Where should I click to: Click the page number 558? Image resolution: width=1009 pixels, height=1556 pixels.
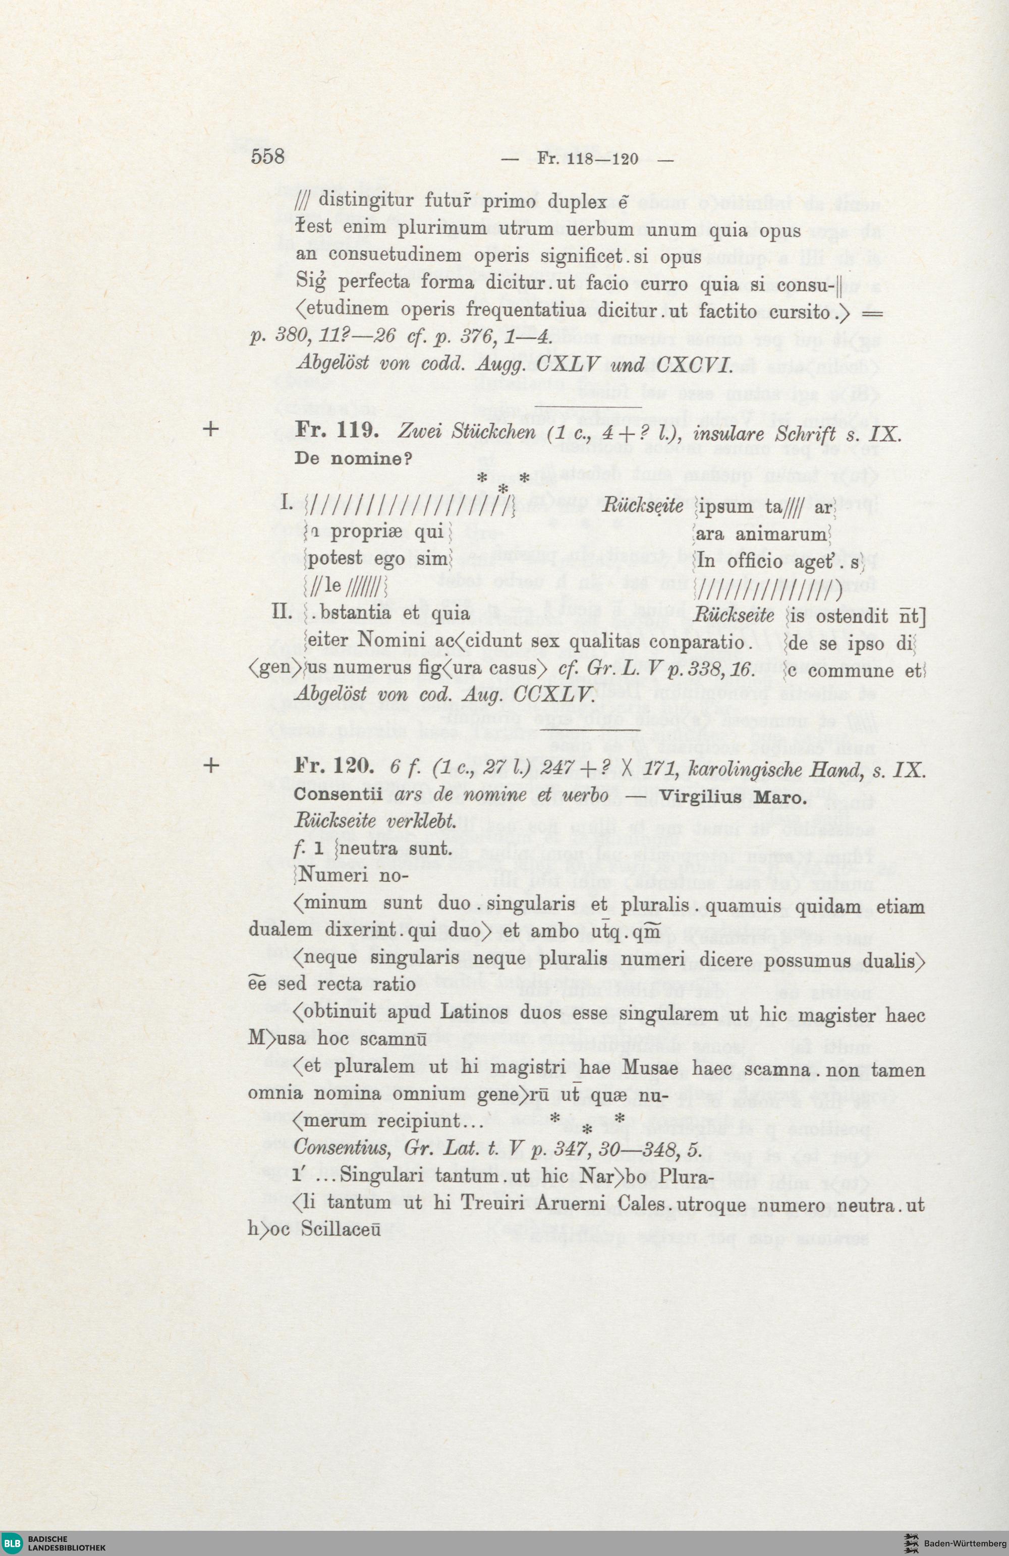coord(267,157)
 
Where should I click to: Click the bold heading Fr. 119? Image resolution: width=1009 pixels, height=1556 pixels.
coord(333,432)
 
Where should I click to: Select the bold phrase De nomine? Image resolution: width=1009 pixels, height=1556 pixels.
coord(353,458)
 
